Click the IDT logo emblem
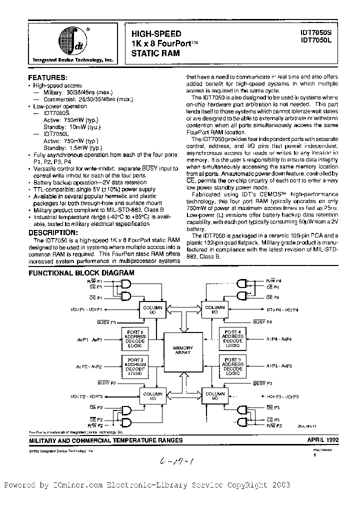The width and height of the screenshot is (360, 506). [x=72, y=40]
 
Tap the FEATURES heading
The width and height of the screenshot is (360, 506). [x=47, y=78]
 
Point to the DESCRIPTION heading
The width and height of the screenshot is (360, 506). [x=53, y=232]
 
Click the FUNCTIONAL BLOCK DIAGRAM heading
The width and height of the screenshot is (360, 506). [x=81, y=273]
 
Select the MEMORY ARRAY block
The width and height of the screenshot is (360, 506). [x=183, y=350]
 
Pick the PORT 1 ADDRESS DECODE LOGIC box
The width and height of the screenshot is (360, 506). [x=135, y=339]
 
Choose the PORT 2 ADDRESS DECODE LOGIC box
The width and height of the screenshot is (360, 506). [x=135, y=366]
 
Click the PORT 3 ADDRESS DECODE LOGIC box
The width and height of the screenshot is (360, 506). [x=232, y=366]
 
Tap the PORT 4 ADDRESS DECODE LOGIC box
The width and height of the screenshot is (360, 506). [x=232, y=339]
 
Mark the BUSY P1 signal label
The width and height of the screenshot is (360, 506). [x=107, y=322]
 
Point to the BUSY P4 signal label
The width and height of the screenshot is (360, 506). [x=262, y=322]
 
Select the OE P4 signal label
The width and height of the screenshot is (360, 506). [x=272, y=297]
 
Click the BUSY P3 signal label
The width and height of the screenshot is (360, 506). [x=262, y=383]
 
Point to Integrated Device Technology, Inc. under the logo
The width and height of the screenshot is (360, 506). [x=73, y=59]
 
